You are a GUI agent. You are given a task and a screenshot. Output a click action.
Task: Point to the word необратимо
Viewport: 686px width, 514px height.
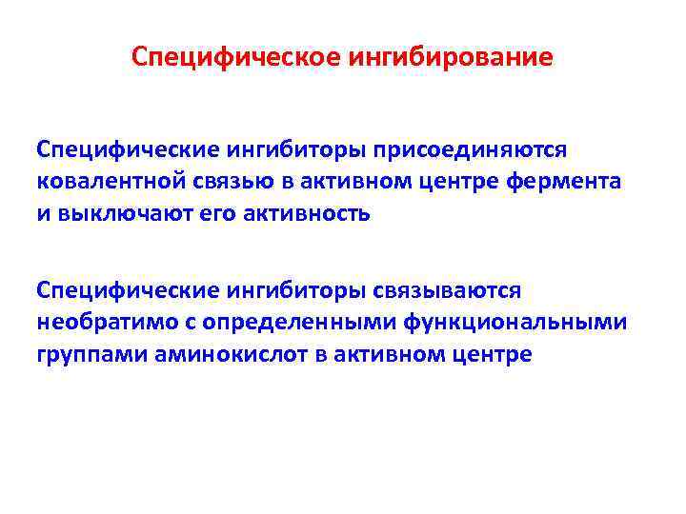point(102,322)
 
